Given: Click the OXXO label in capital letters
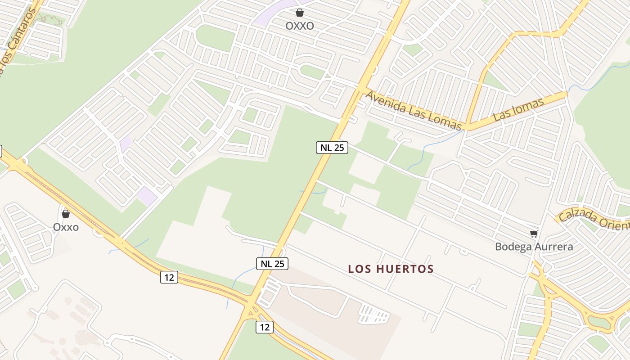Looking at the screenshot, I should (300, 26).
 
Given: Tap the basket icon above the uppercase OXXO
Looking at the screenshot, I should (300, 13).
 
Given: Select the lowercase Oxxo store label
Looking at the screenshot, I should (66, 227).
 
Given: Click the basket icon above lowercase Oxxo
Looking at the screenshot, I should (66, 213).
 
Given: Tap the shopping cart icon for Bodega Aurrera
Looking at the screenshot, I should (534, 234).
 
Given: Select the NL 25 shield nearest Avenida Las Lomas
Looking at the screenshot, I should (332, 147).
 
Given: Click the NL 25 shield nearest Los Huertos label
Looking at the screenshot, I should (272, 264).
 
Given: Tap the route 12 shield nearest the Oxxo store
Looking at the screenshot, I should (169, 277).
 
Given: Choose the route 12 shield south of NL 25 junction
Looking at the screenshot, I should (265, 327).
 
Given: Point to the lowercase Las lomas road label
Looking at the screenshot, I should (518, 109).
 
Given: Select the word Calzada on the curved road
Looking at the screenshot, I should (573, 215).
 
